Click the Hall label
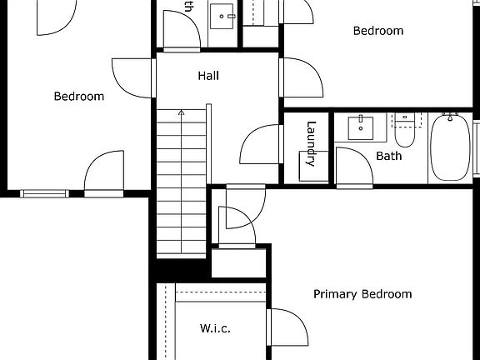coord(208,76)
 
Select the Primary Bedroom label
coord(362,294)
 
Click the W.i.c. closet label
coord(215,328)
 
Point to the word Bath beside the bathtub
coord(388,156)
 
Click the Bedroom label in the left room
coord(79,97)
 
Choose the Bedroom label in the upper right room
coord(378,32)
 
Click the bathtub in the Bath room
coord(451,147)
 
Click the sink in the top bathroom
coord(222,14)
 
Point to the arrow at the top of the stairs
coord(182,112)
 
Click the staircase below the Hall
coord(181,183)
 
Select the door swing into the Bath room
coord(352,166)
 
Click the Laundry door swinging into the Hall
coord(261,143)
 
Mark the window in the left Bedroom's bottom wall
coord(45,194)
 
